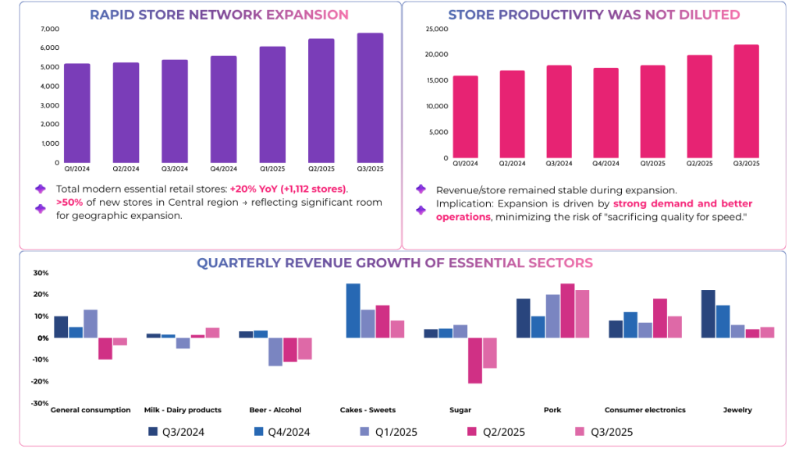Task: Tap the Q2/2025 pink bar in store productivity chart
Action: [x=699, y=106]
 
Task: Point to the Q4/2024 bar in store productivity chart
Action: [x=606, y=112]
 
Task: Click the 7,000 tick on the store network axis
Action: [x=49, y=29]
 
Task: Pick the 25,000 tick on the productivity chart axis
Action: [x=436, y=29]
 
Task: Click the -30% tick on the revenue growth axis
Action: [x=40, y=403]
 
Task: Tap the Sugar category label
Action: [x=460, y=410]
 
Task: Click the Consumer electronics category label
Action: [x=645, y=410]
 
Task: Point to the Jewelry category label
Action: [x=737, y=410]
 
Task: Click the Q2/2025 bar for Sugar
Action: [x=475, y=360]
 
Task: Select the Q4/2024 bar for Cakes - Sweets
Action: [x=353, y=310]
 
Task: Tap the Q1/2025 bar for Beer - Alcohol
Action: [x=275, y=352]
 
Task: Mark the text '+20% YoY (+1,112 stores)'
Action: [x=289, y=189]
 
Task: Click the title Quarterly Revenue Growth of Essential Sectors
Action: [x=394, y=263]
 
